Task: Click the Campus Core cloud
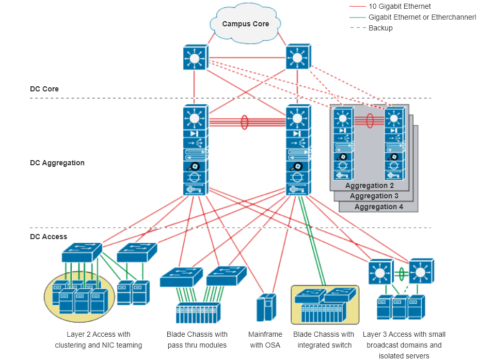[x=246, y=24]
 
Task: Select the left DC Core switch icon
[x=195, y=57]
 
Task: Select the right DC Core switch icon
[x=297, y=57]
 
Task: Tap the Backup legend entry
[x=380, y=28]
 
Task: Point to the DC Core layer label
[x=44, y=89]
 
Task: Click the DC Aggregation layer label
[x=57, y=163]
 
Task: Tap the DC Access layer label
[x=48, y=237]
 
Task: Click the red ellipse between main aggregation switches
[x=245, y=122]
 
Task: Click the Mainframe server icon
[x=264, y=308]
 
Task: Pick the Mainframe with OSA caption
[x=265, y=339]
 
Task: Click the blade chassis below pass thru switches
[x=198, y=312]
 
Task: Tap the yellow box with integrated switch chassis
[x=325, y=304]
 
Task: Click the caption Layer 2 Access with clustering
[x=98, y=339]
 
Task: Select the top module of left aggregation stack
[x=195, y=118]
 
